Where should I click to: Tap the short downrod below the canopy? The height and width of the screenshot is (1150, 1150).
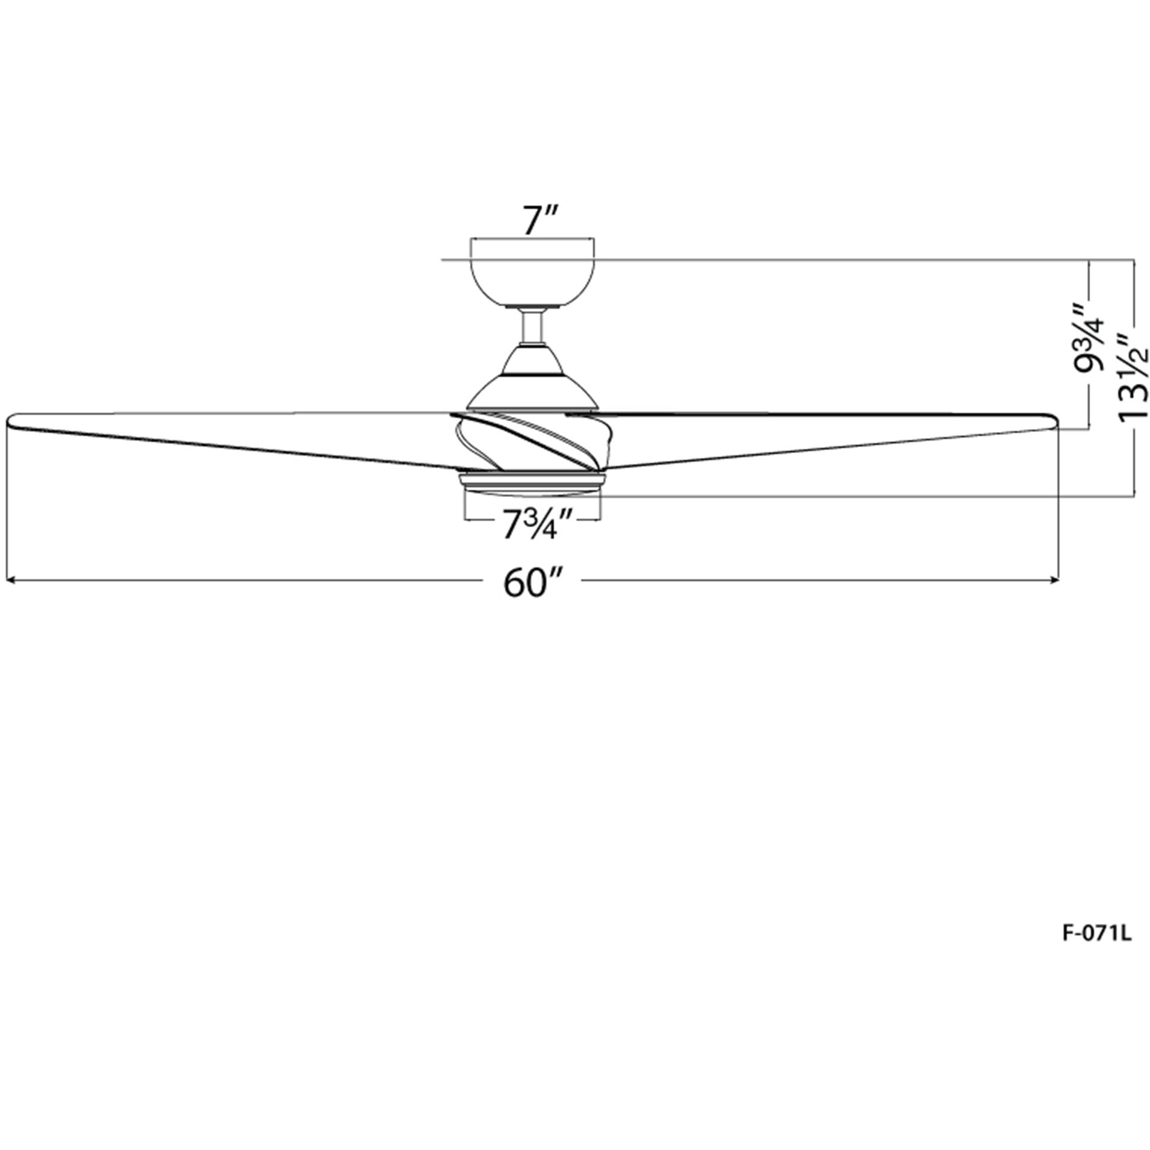[532, 327]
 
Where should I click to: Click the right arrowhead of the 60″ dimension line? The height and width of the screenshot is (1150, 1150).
[1056, 580]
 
